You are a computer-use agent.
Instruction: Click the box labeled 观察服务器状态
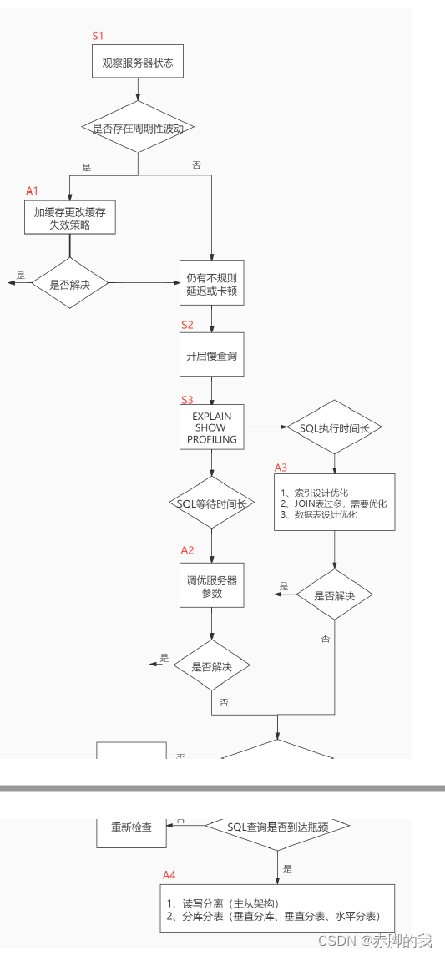[138, 63]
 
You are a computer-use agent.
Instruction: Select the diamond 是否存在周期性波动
[138, 128]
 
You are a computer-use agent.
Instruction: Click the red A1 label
[33, 191]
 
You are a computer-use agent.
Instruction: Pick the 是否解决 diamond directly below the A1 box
[70, 284]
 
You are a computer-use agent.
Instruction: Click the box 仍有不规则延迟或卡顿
[212, 284]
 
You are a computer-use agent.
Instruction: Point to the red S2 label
[188, 324]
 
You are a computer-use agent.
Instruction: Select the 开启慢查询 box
[212, 356]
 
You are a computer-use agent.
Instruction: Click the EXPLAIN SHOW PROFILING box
[212, 427]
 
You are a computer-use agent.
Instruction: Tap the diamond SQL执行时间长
[334, 427]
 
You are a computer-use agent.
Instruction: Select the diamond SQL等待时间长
[212, 503]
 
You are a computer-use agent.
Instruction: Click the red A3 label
[281, 468]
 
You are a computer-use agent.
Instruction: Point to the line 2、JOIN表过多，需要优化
[334, 503]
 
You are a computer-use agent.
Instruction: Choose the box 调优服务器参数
[212, 585]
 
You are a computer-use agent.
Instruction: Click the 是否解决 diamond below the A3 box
[334, 595]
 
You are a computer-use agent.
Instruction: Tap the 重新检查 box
[132, 827]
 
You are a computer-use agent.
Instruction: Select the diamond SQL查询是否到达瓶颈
[277, 827]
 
